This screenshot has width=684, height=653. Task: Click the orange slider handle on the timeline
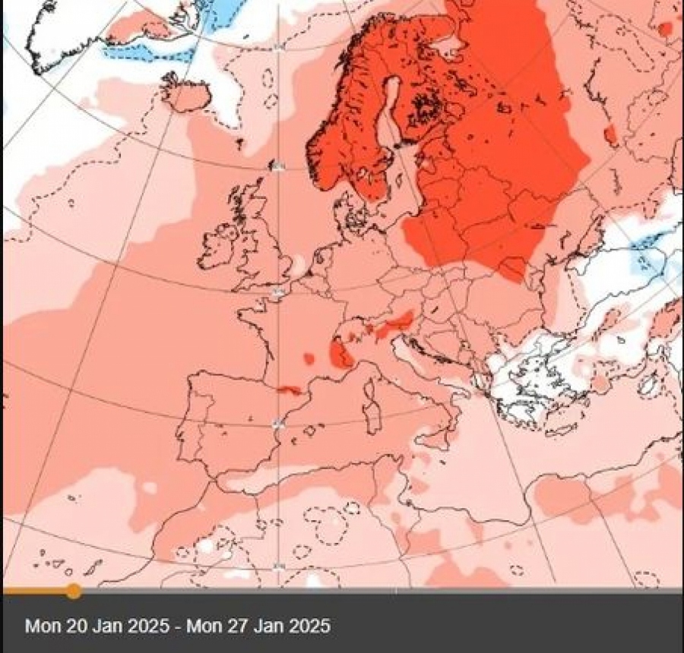coord(74,590)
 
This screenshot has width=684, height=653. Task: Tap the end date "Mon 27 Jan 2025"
coord(258,626)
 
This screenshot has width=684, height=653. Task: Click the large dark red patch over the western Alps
coord(339,353)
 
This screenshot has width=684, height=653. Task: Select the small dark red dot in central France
coord(309,358)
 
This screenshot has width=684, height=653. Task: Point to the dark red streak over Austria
coord(395,324)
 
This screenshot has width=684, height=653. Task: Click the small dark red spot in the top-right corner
coord(665,29)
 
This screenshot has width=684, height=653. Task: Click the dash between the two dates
coord(179,626)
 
